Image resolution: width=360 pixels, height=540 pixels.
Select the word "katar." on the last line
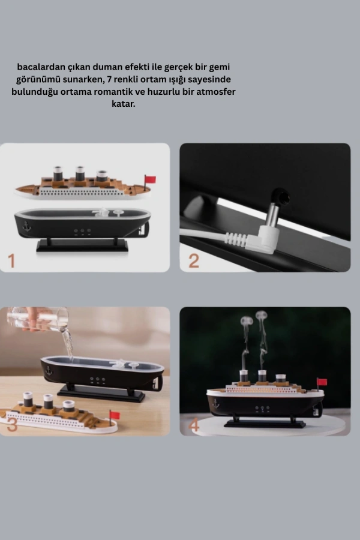pos(124,104)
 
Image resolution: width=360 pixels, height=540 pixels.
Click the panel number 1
pos(11,261)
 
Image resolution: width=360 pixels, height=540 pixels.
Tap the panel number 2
pos(194,261)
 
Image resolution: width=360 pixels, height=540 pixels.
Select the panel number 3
pos(12,425)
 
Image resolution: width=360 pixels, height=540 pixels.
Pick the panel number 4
pos(194,425)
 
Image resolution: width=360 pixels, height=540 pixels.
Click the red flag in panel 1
pos(150,179)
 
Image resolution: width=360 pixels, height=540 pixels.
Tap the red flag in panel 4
pos(322,382)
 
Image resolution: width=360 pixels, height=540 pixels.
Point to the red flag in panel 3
pos(115,415)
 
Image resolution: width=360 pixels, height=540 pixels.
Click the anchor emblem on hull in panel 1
pos(26,226)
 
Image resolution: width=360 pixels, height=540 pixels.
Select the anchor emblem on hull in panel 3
pos(49,371)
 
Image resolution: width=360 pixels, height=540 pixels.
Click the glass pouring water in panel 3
pos(38,319)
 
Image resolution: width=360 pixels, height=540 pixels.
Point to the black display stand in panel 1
pos(82,245)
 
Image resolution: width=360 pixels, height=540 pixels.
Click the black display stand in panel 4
pos(265,422)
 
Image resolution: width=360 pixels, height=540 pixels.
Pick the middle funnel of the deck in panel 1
pos(80,174)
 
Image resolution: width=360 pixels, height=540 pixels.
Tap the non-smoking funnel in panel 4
pos(281,379)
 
